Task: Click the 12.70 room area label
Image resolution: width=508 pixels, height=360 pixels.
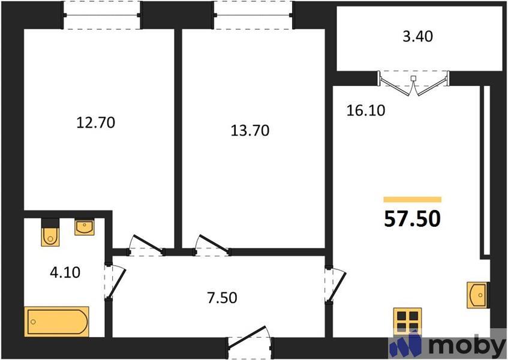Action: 95,123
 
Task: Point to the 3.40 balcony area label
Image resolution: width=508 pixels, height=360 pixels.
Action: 417,37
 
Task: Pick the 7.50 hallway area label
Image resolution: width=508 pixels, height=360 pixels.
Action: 218,297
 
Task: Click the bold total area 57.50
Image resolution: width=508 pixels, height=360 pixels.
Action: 412,218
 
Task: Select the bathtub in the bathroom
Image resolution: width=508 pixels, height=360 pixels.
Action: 57,322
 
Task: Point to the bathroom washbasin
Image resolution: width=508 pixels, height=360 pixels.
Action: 84,227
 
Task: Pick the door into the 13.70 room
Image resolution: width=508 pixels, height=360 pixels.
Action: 210,245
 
